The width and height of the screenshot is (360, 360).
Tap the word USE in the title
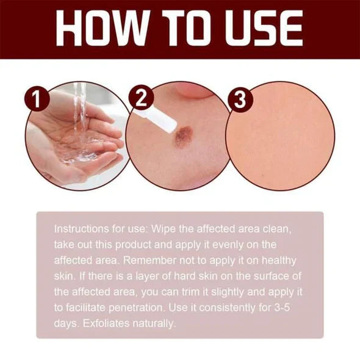pos(262,27)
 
